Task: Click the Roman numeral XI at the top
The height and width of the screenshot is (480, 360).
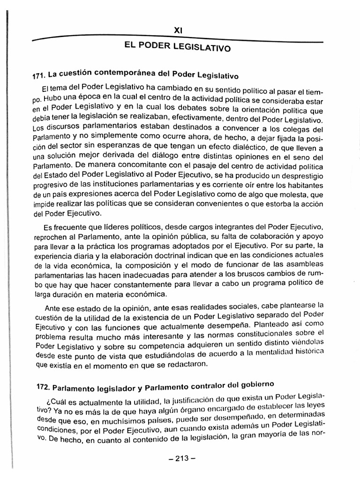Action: click(x=178, y=30)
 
